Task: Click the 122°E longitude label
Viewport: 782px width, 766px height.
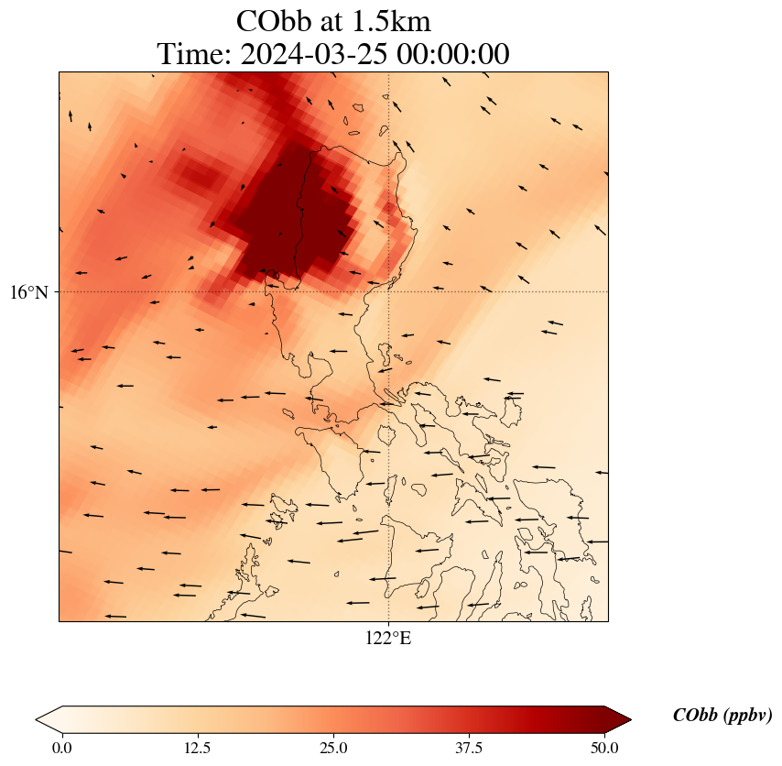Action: pyautogui.click(x=388, y=639)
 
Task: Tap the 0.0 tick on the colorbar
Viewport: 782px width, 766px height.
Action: pyautogui.click(x=62, y=748)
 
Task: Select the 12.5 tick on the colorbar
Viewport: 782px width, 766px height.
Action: pyautogui.click(x=198, y=748)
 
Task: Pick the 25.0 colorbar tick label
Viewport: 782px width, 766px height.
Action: pyautogui.click(x=333, y=748)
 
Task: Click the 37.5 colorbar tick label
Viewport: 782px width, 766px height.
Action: pyautogui.click(x=469, y=748)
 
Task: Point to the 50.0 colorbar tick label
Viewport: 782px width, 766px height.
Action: pyautogui.click(x=604, y=748)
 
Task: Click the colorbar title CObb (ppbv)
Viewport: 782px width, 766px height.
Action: pyautogui.click(x=722, y=716)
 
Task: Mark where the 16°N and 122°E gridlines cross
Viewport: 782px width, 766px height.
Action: pyautogui.click(x=388, y=291)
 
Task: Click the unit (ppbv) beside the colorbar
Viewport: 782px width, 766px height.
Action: pyautogui.click(x=747, y=716)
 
